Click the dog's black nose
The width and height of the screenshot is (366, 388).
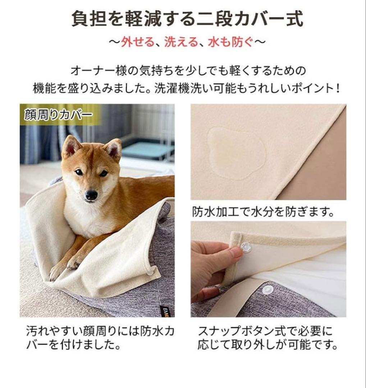coord(91,195)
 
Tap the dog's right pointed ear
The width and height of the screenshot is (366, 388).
coord(114,148)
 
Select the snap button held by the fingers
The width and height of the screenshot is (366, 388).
coord(246,247)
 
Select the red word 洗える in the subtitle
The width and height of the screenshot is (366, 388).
coord(181,42)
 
